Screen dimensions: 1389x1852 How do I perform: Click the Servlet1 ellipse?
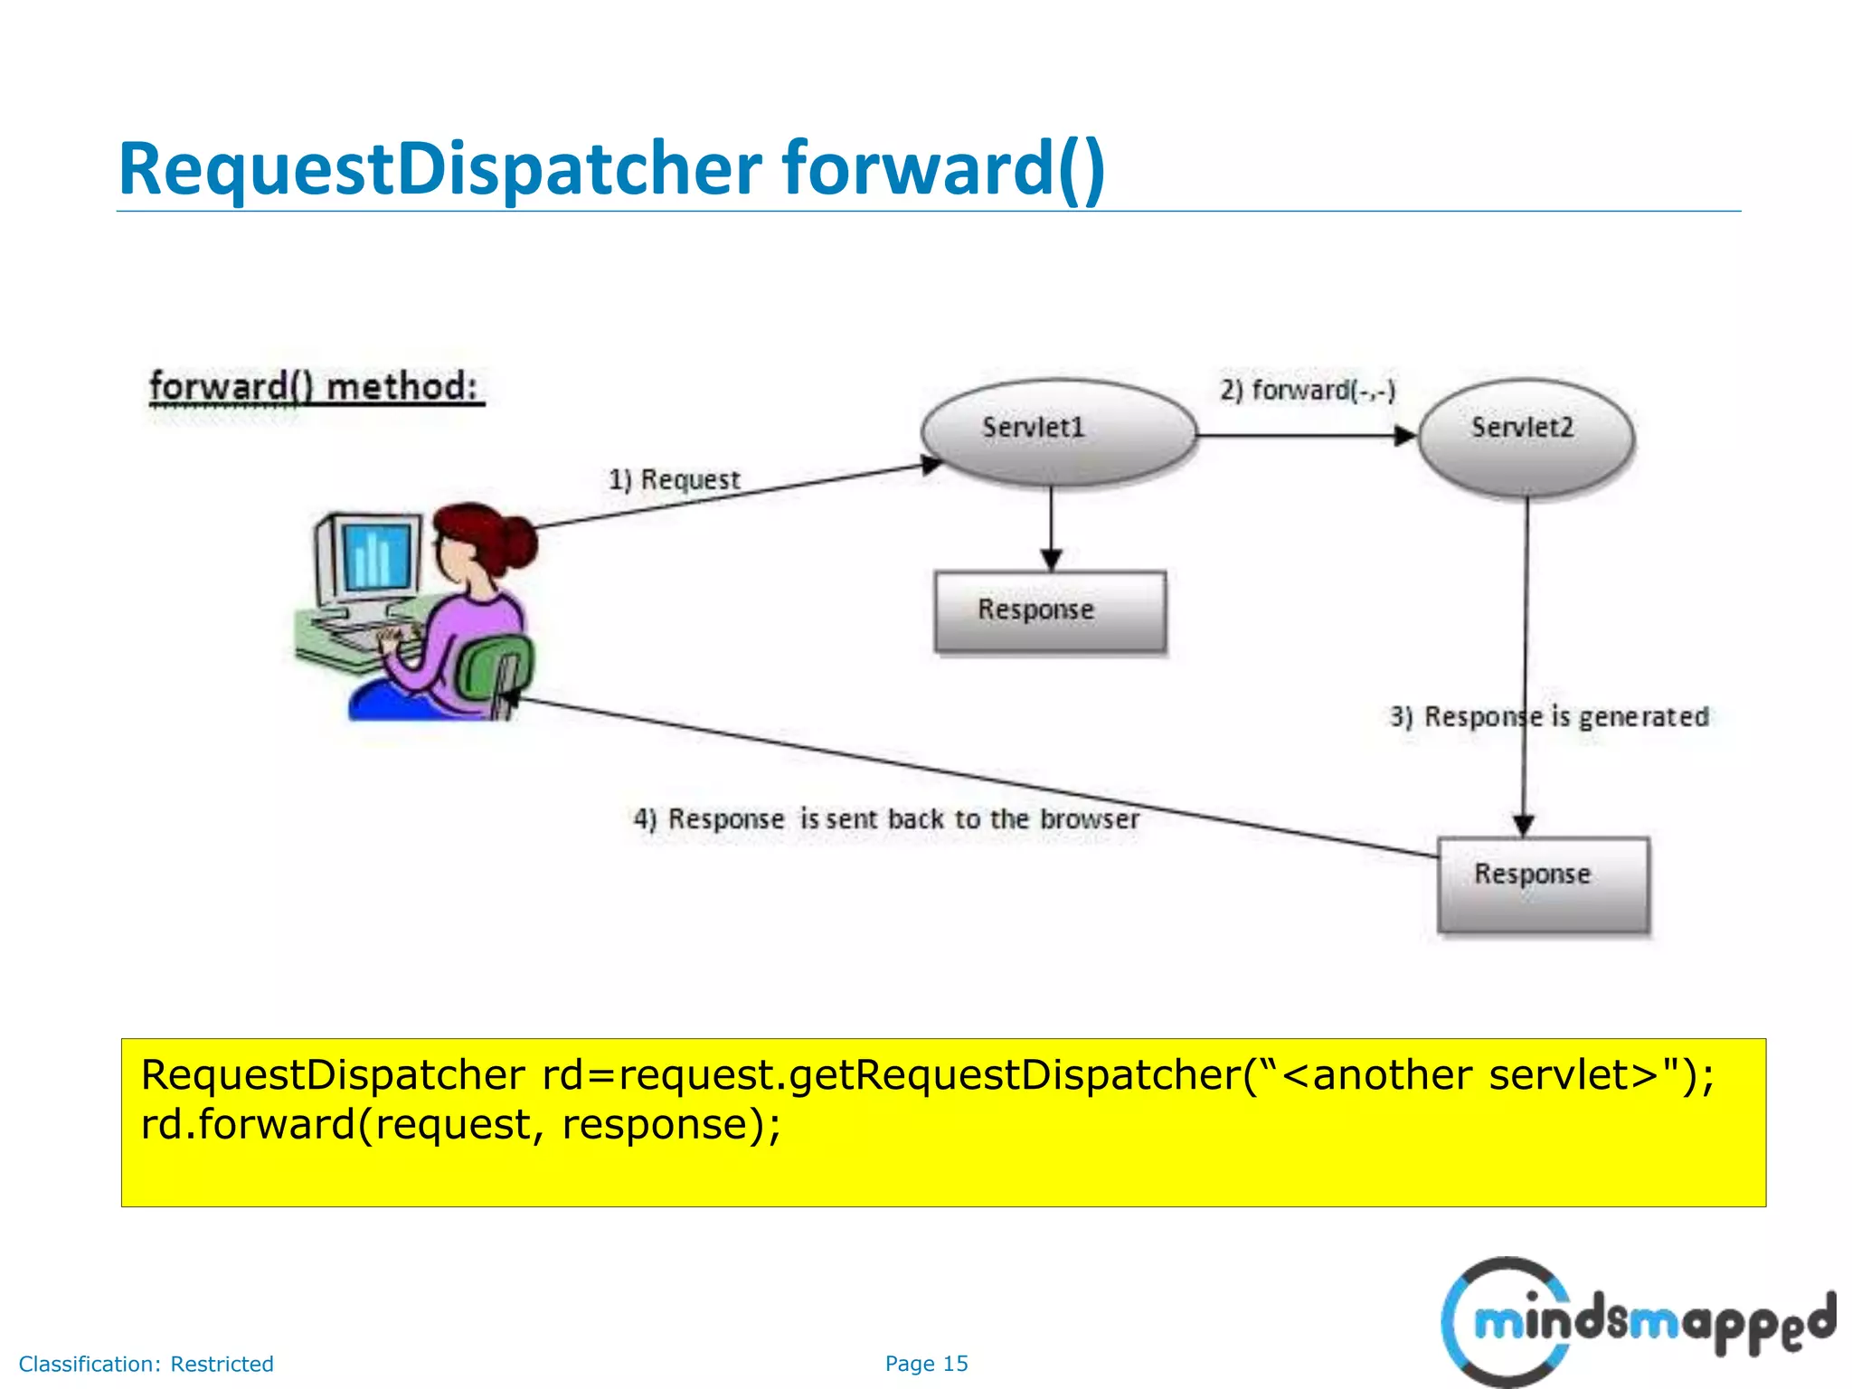1058,430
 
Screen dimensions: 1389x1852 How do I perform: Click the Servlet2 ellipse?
1526,434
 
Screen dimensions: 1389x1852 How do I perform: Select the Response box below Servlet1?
1049,611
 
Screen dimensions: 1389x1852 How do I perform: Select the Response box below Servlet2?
1543,883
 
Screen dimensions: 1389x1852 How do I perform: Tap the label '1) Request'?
674,479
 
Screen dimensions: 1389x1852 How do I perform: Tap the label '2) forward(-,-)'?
1308,391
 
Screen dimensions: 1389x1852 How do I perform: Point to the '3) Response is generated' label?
1549,717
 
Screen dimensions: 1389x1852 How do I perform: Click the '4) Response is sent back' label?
886,819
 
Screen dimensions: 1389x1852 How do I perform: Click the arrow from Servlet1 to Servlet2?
1302,437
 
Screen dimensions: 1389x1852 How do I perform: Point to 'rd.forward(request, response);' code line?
461,1125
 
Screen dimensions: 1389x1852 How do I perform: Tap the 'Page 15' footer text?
926,1364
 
